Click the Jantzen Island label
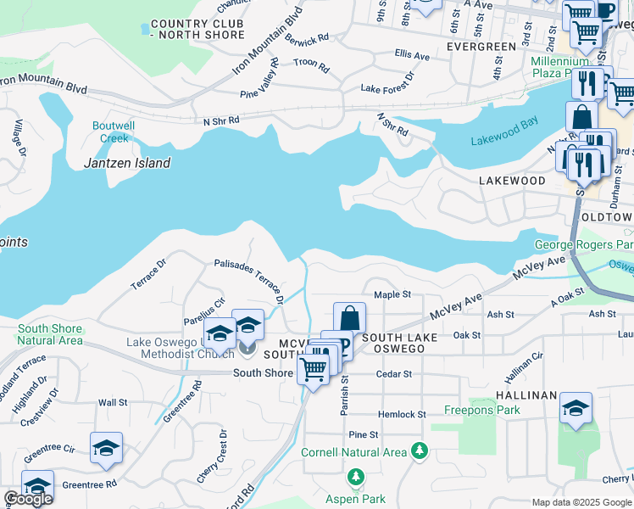pos(127,163)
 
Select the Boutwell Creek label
pos(110,132)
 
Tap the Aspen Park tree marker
pos(356,476)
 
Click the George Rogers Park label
pos(583,246)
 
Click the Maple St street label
pos(392,295)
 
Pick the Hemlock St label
pos(402,414)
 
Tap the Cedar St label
pos(394,373)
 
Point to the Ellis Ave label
pos(412,55)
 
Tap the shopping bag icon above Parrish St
pos(349,318)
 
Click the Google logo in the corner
pos(28,499)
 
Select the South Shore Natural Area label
pos(50,334)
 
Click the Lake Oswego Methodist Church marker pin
pos(247,346)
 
